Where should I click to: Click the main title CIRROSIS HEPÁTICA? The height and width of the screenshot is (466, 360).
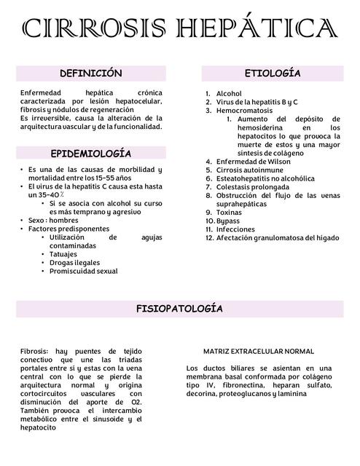[x=180, y=30]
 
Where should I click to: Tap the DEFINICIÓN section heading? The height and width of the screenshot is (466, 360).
[x=91, y=74]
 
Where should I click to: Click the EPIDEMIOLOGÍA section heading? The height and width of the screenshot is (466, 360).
[x=91, y=154]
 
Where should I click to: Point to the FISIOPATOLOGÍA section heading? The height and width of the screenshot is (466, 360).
[x=180, y=309]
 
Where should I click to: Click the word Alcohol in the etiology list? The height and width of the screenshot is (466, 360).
[x=229, y=94]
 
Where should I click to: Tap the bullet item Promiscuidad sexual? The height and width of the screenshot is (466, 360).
[x=83, y=272]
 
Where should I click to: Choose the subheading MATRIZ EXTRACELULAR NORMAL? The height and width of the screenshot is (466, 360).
[x=259, y=351]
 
